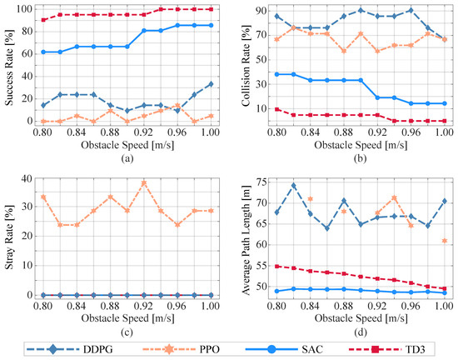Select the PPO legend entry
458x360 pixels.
(x=181, y=349)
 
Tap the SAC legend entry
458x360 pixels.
(x=284, y=349)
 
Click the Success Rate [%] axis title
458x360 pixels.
(x=9, y=67)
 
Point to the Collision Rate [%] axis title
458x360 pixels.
(x=246, y=66)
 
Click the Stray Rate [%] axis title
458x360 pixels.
(x=9, y=237)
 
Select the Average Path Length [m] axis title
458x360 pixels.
(x=246, y=240)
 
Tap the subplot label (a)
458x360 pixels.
(x=127, y=158)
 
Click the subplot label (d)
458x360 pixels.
(x=361, y=332)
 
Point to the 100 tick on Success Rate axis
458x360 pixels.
(x=22, y=9)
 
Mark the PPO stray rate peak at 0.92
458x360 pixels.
(x=144, y=183)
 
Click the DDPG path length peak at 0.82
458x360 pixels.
(x=294, y=186)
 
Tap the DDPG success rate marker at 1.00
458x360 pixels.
(x=211, y=84)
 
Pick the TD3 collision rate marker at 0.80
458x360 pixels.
(x=277, y=109)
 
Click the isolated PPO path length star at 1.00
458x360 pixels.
(x=445, y=241)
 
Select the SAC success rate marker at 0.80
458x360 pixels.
(x=43, y=52)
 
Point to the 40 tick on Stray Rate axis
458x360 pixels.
(x=26, y=178)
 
